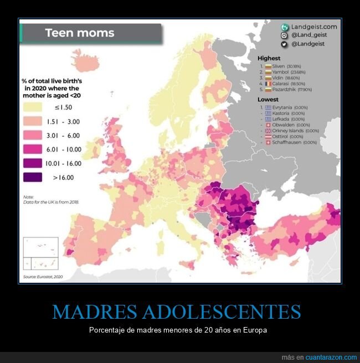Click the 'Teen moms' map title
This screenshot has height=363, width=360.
pos(80,33)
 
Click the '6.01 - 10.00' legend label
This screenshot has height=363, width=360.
pos(67,149)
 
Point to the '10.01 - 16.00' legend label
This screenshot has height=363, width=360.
pos(67,163)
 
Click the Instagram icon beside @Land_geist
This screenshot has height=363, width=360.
pos(284,35)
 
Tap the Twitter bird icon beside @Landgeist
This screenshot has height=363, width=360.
pos(284,44)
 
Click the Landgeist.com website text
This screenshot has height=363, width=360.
pos(314,27)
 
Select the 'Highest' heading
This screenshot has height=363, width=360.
pos(269,58)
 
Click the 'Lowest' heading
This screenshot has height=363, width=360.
pos(268,100)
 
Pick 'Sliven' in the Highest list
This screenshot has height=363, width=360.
pos(278,66)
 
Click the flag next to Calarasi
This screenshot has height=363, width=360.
pos(268,84)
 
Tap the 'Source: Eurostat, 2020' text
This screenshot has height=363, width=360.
pos(43,276)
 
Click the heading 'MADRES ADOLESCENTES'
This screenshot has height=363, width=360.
pos(177,312)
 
